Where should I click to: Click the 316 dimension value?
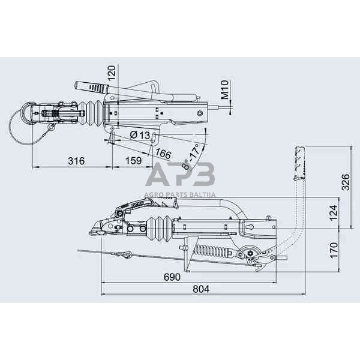click(x=76, y=161)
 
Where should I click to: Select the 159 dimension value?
click(x=133, y=160)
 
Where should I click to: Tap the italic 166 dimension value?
click(x=163, y=154)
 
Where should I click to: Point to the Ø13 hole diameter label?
click(x=140, y=135)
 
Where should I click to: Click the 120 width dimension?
click(x=112, y=73)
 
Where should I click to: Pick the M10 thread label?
click(x=225, y=89)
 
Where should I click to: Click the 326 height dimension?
click(x=346, y=182)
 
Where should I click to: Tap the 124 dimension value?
click(x=334, y=212)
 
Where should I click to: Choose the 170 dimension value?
click(x=334, y=250)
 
